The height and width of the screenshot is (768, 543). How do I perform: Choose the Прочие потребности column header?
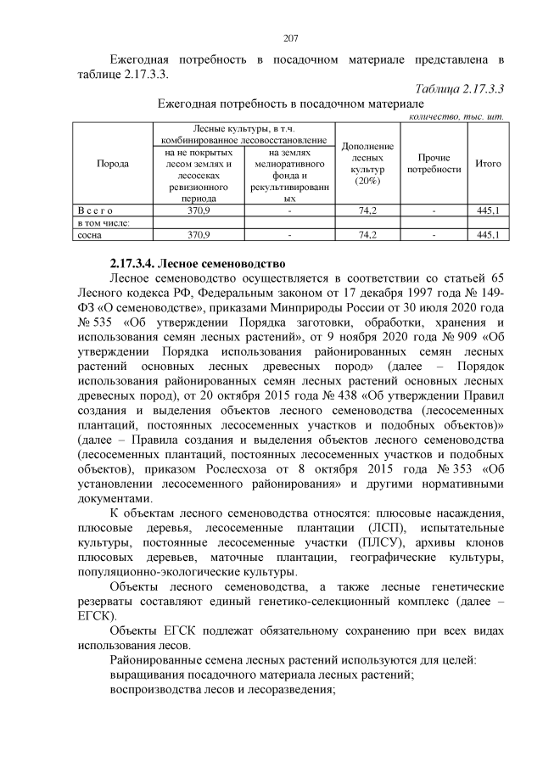tap(434, 163)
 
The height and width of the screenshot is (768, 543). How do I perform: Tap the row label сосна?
tap(88, 234)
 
